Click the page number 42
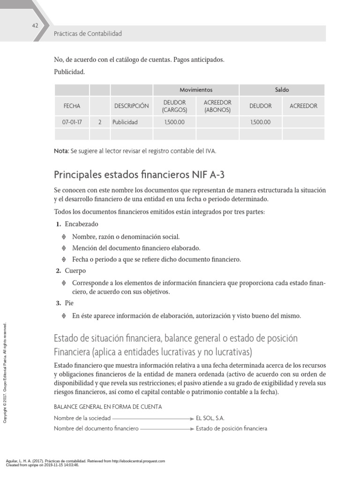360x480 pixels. (x=35, y=25)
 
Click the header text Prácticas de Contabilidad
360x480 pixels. (x=88, y=34)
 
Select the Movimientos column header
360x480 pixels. (x=196, y=90)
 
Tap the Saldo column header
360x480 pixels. (x=282, y=90)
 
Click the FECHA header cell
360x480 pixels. (x=72, y=106)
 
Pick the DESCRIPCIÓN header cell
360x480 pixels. (x=131, y=106)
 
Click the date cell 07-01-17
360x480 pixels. (x=72, y=122)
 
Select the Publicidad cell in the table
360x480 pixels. (x=125, y=122)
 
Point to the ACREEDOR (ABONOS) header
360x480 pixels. (x=217, y=106)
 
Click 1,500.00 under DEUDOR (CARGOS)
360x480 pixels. (x=175, y=122)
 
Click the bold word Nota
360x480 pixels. (x=61, y=151)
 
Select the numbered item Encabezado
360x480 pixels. (x=82, y=224)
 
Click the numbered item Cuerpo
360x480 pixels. (x=75, y=271)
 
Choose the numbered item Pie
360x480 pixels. (x=69, y=303)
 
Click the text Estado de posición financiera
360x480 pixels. (x=232, y=428)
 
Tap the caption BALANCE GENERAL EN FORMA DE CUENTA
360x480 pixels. (x=108, y=406)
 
